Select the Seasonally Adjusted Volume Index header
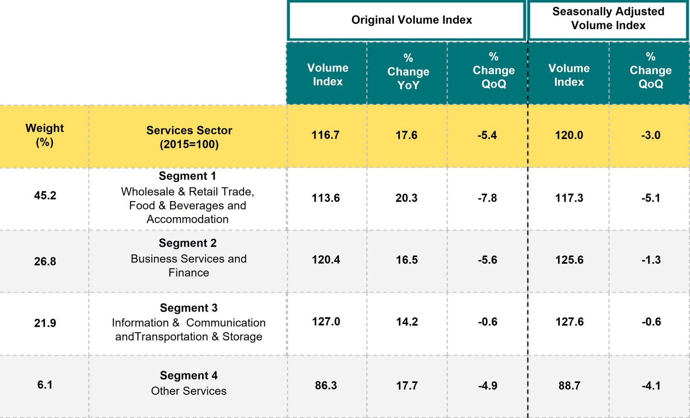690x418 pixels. click(x=608, y=19)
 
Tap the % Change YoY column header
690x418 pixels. click(x=408, y=72)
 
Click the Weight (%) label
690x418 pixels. click(x=44, y=135)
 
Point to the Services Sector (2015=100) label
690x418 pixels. click(x=189, y=137)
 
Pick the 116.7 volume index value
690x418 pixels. click(x=326, y=135)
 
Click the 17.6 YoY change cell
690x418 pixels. click(x=406, y=135)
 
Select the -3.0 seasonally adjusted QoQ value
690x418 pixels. click(x=651, y=135)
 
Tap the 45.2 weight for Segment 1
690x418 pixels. click(x=45, y=196)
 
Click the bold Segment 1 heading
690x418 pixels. click(x=187, y=176)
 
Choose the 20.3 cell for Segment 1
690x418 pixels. click(x=406, y=198)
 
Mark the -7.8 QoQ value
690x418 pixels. click(x=487, y=198)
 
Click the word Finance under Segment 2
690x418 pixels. click(x=188, y=273)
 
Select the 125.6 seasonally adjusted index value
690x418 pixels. click(x=569, y=260)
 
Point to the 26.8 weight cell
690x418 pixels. click(x=45, y=262)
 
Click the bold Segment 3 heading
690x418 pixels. click(x=188, y=308)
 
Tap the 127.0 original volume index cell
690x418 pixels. click(x=326, y=322)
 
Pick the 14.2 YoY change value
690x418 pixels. click(x=407, y=322)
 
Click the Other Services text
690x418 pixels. click(x=188, y=391)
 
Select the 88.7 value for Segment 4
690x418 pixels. click(x=569, y=386)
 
